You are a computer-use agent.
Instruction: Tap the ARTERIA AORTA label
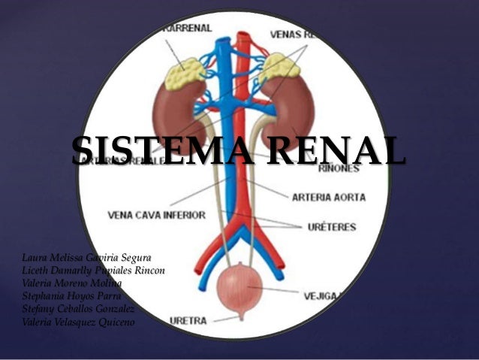coord(330,198)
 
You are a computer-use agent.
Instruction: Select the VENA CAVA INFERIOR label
coord(156,215)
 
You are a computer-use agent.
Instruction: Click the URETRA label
coord(188,321)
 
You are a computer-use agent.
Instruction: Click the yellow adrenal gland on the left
coord(183,73)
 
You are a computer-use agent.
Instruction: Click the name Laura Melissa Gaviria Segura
coord(86,259)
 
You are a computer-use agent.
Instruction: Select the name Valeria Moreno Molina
coord(72,283)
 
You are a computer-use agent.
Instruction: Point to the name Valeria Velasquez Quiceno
coord(78,322)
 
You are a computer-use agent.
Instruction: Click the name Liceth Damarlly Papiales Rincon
coord(94,271)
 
